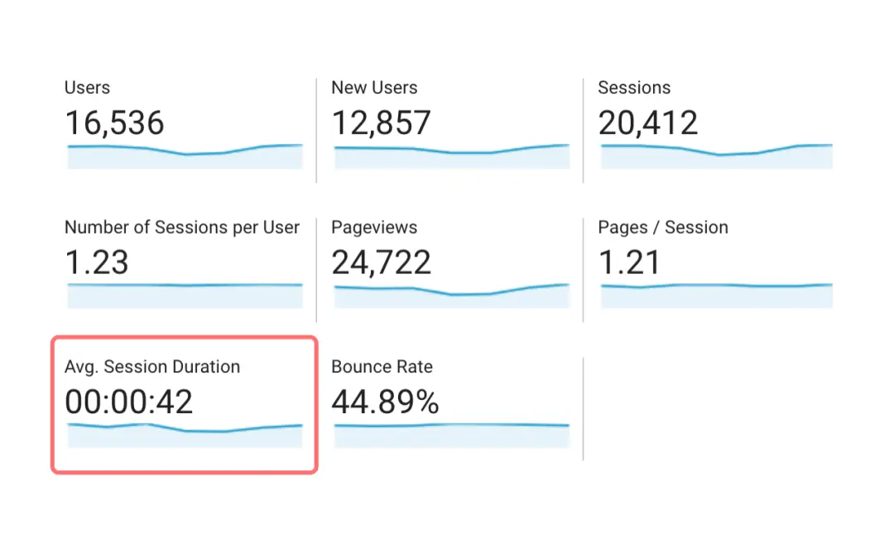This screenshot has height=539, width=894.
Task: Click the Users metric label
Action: pyautogui.click(x=87, y=88)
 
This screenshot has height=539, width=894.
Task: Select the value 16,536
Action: pyautogui.click(x=114, y=123)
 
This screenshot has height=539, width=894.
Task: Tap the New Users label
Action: pyautogui.click(x=374, y=88)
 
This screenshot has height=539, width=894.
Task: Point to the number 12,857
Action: pyautogui.click(x=381, y=123)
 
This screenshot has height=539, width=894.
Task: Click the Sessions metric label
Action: pyautogui.click(x=634, y=88)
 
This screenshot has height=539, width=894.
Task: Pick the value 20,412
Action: pyautogui.click(x=648, y=123)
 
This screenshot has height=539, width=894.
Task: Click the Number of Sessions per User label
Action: pyautogui.click(x=182, y=228)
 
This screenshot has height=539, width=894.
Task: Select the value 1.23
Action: pyautogui.click(x=97, y=263)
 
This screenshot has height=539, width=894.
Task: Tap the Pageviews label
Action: pyautogui.click(x=374, y=228)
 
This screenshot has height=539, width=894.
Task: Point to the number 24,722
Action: pyautogui.click(x=381, y=263)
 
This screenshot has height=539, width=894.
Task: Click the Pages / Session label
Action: pyautogui.click(x=663, y=228)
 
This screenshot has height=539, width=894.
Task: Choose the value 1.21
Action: pyautogui.click(x=629, y=263)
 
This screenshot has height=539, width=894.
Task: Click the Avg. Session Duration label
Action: pyautogui.click(x=152, y=367)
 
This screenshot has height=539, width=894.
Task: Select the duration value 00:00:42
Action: pyautogui.click(x=128, y=402)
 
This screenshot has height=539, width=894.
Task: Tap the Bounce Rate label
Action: pyautogui.click(x=382, y=367)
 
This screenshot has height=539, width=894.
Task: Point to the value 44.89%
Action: pyautogui.click(x=385, y=402)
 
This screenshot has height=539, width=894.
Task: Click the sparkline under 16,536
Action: pyautogui.click(x=185, y=156)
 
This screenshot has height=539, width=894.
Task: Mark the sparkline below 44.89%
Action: pyautogui.click(x=451, y=434)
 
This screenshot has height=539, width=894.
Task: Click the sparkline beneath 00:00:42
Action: pyautogui.click(x=185, y=436)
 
